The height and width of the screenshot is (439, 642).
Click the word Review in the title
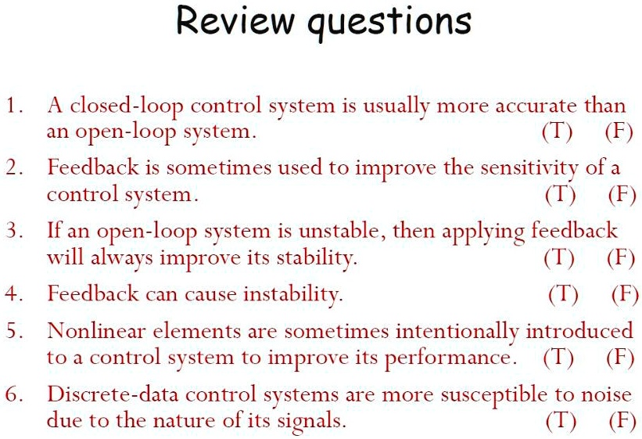point(235,21)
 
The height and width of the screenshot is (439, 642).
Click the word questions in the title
point(389,23)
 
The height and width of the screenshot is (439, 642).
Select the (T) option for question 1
point(557,131)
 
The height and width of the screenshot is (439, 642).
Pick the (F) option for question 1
point(619,131)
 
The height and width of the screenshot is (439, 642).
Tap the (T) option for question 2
point(561,194)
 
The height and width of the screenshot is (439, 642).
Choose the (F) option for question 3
point(620,257)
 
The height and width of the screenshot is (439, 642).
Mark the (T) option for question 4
point(563,294)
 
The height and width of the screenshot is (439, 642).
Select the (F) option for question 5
point(619,358)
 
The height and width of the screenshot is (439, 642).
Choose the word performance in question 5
point(450,358)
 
